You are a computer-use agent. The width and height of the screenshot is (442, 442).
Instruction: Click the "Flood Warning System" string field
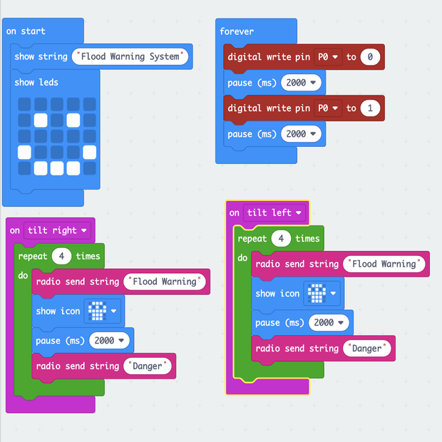click(130, 57)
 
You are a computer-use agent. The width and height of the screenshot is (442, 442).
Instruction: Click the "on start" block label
click(26, 31)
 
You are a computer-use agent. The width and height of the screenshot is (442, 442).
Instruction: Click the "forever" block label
click(237, 31)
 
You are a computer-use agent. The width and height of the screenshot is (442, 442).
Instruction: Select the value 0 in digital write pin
click(370, 57)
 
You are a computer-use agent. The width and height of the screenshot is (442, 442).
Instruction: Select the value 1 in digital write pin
click(370, 108)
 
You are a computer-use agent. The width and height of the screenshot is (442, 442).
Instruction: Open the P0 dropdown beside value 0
click(328, 57)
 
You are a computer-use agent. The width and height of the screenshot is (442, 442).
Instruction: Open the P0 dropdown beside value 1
click(328, 108)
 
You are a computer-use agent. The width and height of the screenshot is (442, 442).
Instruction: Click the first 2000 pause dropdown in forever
click(300, 83)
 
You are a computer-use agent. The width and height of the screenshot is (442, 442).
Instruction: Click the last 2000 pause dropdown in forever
click(300, 134)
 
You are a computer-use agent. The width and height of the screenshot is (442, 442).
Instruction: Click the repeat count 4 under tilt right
click(61, 256)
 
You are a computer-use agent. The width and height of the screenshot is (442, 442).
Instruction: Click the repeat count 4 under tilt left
click(281, 238)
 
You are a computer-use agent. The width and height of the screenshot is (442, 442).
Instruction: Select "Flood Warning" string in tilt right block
click(165, 282)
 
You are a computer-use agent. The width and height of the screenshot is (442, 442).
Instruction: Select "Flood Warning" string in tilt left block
click(384, 264)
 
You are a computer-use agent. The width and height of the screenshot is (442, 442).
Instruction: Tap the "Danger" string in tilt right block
click(148, 366)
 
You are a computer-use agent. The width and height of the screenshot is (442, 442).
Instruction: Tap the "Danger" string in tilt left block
click(368, 349)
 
